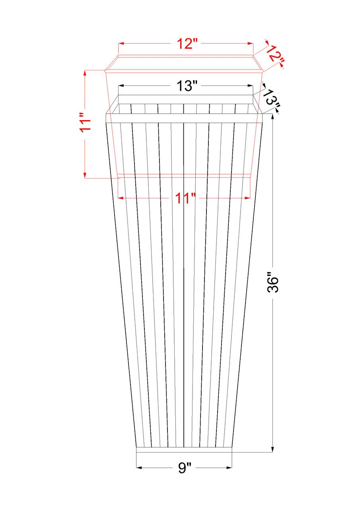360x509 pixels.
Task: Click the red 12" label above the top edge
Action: (185, 44)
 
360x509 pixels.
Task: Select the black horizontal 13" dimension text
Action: (186, 86)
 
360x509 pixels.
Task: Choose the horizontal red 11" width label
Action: (185, 198)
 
